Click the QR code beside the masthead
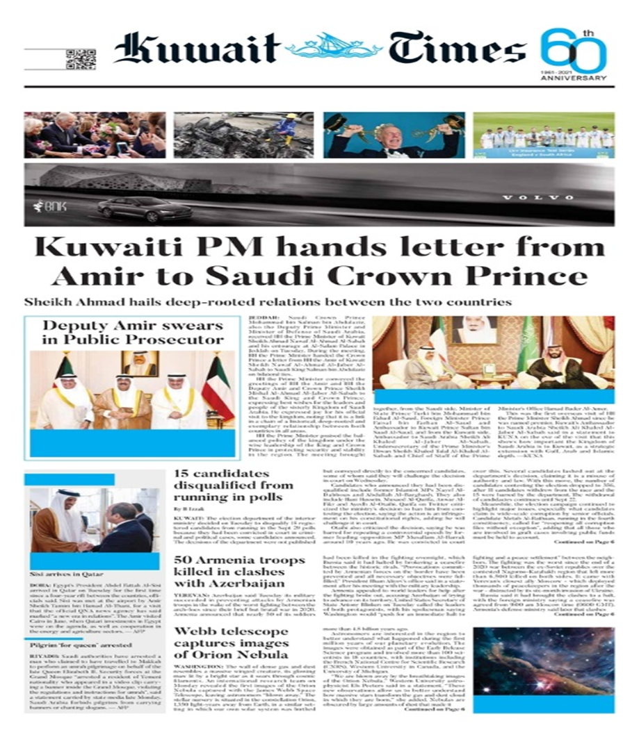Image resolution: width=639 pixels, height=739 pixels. [x=80, y=59]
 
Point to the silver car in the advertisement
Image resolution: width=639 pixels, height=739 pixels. [x=136, y=208]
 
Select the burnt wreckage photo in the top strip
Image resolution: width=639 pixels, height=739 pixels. [x=234, y=135]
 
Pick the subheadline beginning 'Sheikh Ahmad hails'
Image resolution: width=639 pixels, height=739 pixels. [x=268, y=302]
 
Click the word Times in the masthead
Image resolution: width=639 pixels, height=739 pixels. [x=457, y=49]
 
